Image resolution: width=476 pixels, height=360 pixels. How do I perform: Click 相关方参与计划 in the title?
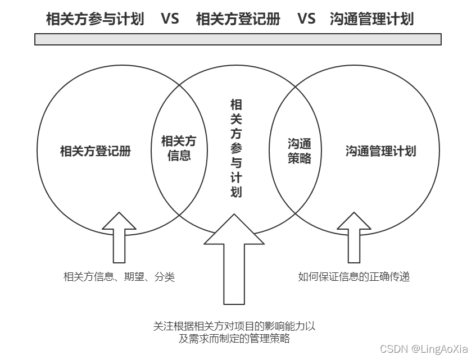(x=95, y=19)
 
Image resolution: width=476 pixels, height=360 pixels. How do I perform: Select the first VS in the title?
(x=170, y=19)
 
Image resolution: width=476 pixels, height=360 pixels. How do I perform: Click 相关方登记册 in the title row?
(x=238, y=19)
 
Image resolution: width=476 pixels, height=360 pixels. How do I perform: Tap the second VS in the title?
(x=306, y=19)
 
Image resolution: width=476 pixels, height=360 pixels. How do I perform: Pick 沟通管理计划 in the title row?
(x=372, y=19)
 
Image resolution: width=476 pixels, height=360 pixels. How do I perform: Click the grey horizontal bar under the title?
(x=238, y=39)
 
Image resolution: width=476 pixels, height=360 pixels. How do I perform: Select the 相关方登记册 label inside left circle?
(x=96, y=151)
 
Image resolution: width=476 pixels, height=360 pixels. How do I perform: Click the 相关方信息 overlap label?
(x=179, y=148)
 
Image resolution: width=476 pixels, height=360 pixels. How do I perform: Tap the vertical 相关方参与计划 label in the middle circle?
(x=237, y=148)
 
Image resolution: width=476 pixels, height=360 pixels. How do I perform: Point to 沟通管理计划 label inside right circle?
(x=380, y=151)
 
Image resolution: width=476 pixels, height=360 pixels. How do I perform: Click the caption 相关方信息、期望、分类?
(x=119, y=276)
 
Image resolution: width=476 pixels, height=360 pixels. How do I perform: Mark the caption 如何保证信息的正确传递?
(x=353, y=276)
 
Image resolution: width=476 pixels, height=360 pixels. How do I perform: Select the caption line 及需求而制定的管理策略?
(x=234, y=339)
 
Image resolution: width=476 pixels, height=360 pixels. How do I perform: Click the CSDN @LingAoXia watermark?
(x=424, y=349)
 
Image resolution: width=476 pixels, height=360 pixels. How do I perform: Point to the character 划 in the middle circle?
(x=237, y=192)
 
